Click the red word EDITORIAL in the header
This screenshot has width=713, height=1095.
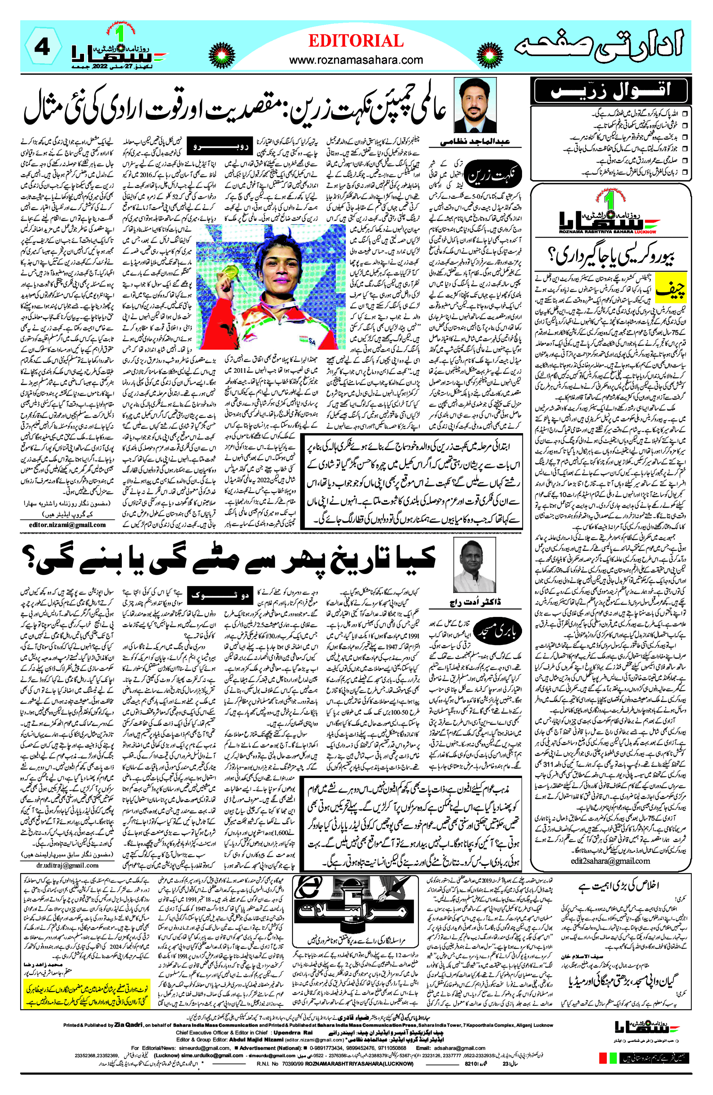[x=356, y=42]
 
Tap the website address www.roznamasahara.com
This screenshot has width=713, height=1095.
[x=356, y=60]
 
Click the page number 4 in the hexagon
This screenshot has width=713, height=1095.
[x=42, y=48]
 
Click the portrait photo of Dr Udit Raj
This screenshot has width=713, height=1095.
[x=474, y=567]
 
